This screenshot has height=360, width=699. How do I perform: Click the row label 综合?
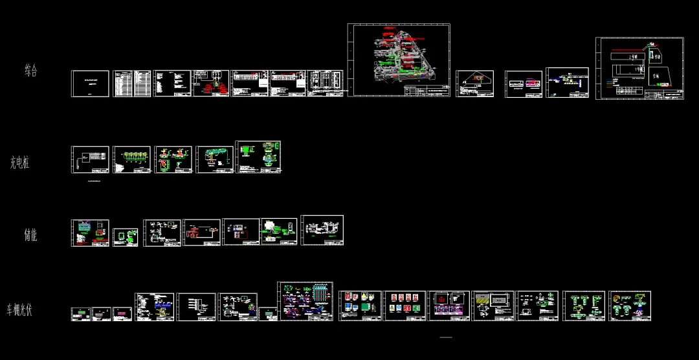coord(31,71)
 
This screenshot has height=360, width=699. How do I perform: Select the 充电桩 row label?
coord(19,163)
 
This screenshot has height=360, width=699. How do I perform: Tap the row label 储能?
coord(30,235)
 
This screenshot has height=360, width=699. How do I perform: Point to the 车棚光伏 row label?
coord(19,309)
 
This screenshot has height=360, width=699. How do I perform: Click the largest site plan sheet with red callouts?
coord(399,60)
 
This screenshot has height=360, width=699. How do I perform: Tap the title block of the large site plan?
coord(427,91)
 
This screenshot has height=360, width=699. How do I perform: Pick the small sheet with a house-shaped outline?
coord(475,84)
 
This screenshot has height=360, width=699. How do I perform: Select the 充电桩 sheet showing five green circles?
coord(132,159)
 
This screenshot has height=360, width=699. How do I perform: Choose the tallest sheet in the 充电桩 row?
coord(258,157)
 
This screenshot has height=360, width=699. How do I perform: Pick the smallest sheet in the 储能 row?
coord(126,237)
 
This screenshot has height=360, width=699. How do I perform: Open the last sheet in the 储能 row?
coord(322,230)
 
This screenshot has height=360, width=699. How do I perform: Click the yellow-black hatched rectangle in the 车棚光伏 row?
coord(483,298)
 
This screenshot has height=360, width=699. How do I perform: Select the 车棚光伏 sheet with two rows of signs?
coord(405,306)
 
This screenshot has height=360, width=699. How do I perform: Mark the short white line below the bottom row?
coord(446,337)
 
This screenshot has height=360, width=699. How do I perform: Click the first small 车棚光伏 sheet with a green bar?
coord(80,314)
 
